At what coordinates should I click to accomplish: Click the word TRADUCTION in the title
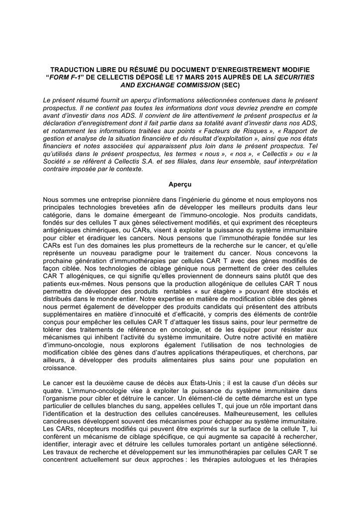(x=75, y=70)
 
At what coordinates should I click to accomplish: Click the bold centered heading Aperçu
(x=180, y=184)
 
